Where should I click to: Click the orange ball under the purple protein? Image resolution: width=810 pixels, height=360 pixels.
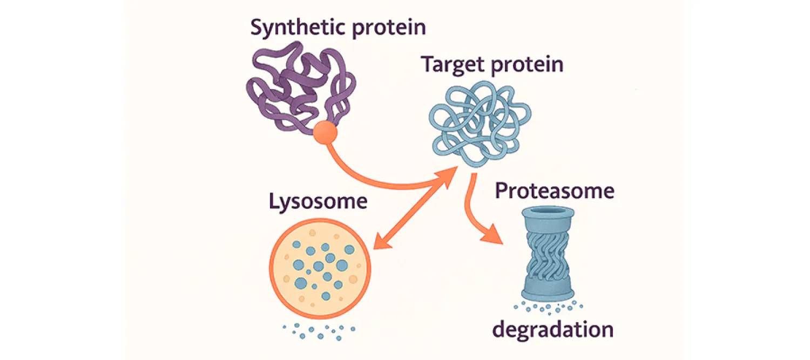(x=325, y=133)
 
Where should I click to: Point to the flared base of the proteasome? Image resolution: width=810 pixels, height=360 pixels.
(x=546, y=292)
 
